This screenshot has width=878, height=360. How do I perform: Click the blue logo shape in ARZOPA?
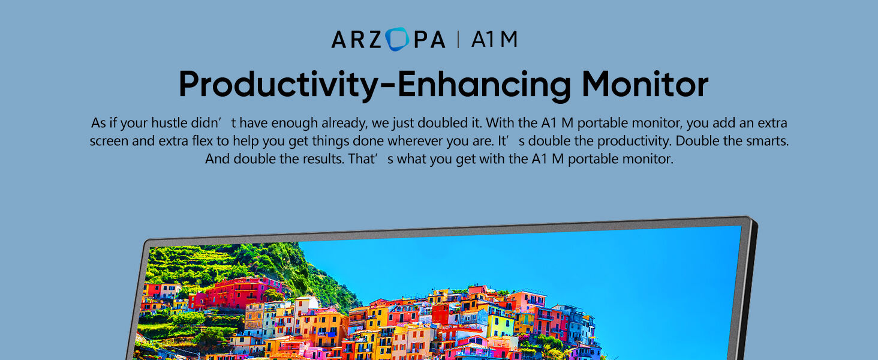(397, 39)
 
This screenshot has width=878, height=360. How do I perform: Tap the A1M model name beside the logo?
(494, 39)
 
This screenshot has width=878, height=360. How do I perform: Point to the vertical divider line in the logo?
(458, 39)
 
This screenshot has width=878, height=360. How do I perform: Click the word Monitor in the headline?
(645, 84)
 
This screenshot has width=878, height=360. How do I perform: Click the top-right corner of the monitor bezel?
(753, 218)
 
